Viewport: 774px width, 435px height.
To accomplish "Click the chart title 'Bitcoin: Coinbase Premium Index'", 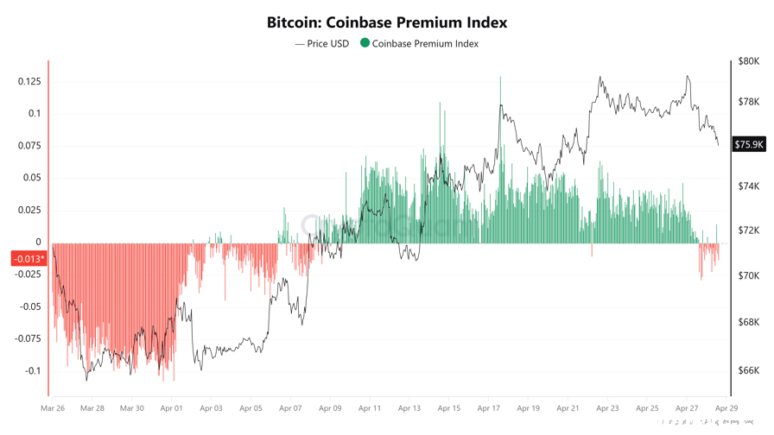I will coord(387,22).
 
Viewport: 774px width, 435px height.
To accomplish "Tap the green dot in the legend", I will coord(365,42).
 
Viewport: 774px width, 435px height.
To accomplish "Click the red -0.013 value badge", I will coord(29,259).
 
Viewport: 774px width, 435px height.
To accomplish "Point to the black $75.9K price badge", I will coord(749,144).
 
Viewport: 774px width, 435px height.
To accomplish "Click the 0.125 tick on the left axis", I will coord(29,81).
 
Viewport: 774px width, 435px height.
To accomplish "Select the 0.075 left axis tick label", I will coord(29,146).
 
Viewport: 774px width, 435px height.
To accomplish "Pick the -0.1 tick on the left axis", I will coord(32,371).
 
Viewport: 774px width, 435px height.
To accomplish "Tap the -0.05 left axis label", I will coord(29,306).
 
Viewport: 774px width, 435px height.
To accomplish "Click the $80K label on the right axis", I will coord(748,62).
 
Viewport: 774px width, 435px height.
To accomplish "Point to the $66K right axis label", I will coord(748,371).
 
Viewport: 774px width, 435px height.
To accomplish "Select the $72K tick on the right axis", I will coord(748,231).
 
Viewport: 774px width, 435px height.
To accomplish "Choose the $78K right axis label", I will coord(748,102).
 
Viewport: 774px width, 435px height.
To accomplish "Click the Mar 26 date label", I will coord(53,408).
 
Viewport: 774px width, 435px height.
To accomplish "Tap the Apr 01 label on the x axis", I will coord(172,408).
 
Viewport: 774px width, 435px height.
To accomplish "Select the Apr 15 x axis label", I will coord(449,408).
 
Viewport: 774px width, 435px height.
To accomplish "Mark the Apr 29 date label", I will coord(726,408).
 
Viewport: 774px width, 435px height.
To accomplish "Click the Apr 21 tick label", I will coord(568,408).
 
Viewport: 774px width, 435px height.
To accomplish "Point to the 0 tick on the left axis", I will coord(38,243).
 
